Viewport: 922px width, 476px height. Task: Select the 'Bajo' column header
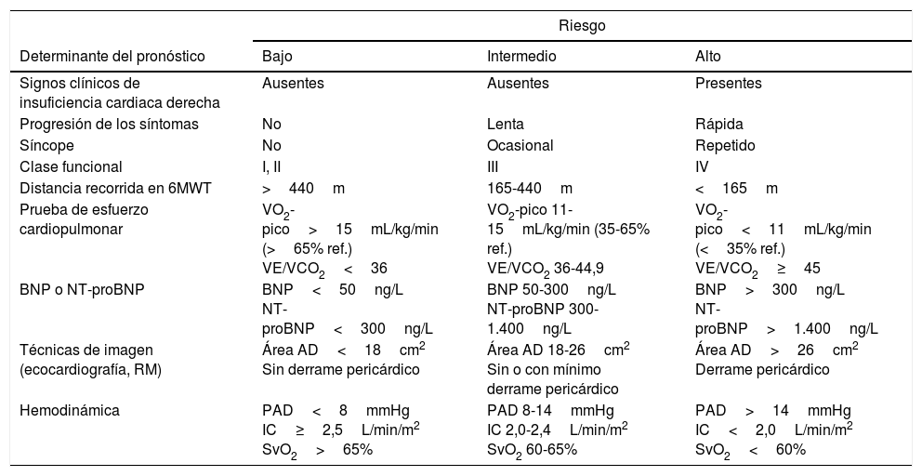pos(278,56)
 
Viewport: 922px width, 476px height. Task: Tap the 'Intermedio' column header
pos(521,56)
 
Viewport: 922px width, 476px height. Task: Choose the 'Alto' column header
pos(707,56)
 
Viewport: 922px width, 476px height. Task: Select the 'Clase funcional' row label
pos(71,167)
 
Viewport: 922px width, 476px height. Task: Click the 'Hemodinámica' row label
pos(63,410)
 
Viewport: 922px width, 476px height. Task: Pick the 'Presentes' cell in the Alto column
pos(728,83)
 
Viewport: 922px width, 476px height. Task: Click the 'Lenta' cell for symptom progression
pos(505,125)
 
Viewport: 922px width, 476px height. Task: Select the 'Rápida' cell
pos(718,125)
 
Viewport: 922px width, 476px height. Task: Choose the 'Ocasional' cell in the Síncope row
pos(520,146)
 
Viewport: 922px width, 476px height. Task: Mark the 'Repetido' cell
pos(725,146)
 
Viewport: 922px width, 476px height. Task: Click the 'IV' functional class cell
pos(702,167)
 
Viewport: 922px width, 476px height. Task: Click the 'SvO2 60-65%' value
pos(532,450)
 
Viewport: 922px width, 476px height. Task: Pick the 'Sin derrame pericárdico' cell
pos(341,369)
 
